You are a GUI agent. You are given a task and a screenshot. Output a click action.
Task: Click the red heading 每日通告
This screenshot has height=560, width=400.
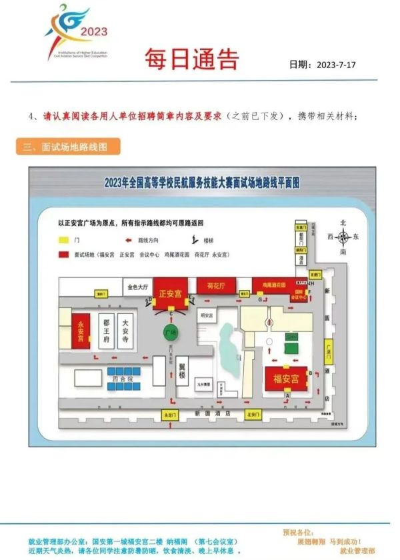[191, 60]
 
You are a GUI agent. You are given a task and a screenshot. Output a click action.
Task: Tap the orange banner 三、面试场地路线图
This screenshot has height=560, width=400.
[66, 147]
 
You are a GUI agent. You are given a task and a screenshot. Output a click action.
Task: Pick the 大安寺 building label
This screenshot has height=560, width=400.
[125, 329]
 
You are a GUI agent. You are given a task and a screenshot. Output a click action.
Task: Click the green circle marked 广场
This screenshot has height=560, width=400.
[170, 331]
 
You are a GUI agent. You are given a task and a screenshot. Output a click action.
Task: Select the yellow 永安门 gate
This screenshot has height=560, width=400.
[167, 415]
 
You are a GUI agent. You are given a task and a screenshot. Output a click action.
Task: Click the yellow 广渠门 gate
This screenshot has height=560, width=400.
[327, 348]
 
